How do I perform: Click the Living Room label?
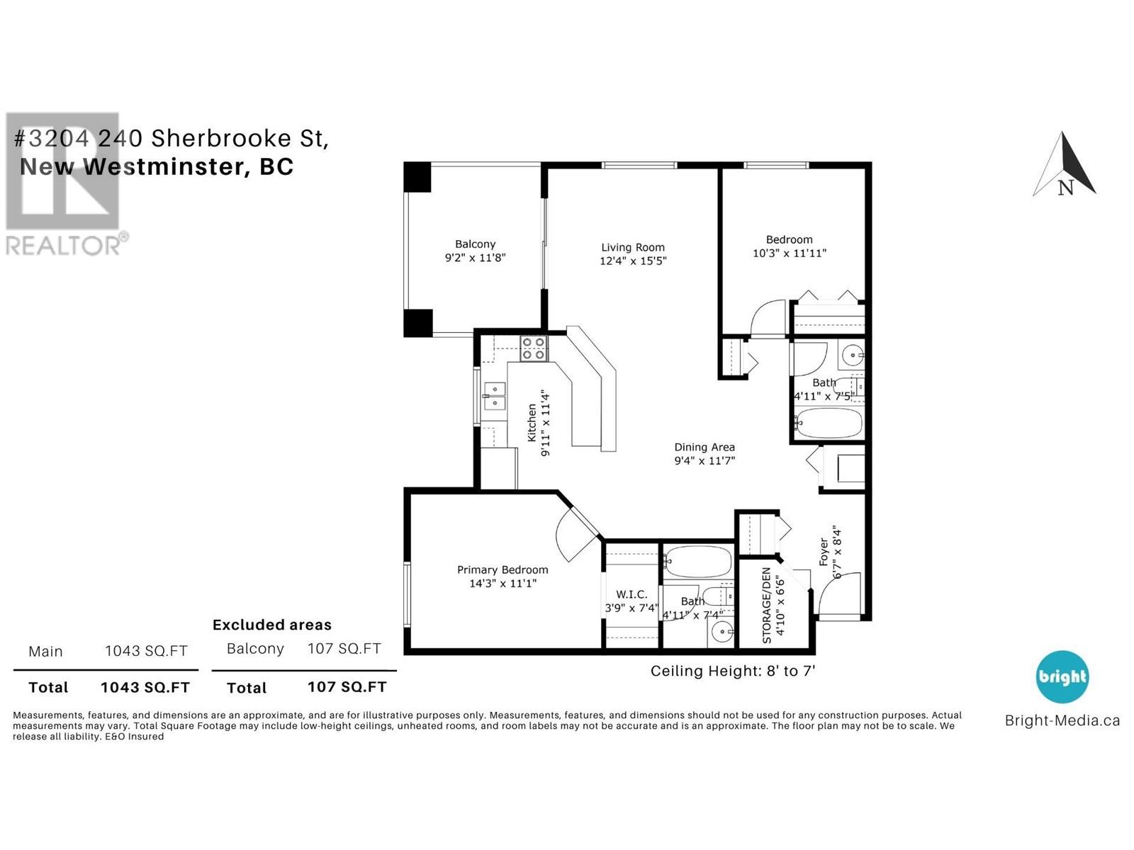coord(632,248)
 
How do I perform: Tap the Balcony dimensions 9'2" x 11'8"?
coord(475,257)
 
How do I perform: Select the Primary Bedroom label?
coord(503,569)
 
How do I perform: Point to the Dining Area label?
coord(704,448)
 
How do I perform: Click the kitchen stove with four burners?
coord(534,348)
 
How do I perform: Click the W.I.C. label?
coord(631,594)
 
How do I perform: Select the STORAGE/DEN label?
coord(767,605)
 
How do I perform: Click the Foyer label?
coord(824,552)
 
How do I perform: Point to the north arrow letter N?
coord(1065,187)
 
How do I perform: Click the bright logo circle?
coord(1062,676)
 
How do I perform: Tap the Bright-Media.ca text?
coord(1062,720)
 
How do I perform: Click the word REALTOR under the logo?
coord(63,245)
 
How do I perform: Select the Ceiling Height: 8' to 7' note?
coord(733,671)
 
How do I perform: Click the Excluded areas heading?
coord(271,625)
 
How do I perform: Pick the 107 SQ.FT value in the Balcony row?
coord(344,648)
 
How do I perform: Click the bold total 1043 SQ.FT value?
coord(145,687)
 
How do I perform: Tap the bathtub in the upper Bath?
coord(828,423)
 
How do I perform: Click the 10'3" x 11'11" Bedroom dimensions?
coord(789,253)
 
